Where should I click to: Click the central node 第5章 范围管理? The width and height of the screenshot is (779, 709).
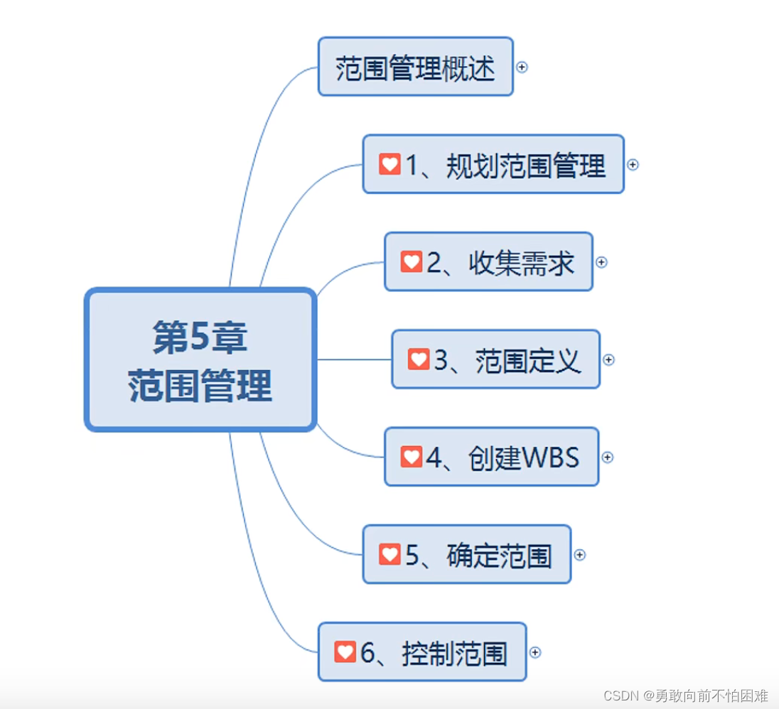coord(200,359)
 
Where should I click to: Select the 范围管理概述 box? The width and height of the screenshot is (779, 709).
coord(415,67)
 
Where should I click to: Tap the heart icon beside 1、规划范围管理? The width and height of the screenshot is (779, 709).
coord(389,164)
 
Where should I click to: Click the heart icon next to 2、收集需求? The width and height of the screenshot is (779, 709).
coord(412,261)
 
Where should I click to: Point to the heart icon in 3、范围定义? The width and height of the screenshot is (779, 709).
coord(419,359)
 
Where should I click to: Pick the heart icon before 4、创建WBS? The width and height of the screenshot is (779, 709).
coord(412,457)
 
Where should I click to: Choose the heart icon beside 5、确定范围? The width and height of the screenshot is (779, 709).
coord(389,554)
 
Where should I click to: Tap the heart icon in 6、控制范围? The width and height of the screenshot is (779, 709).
coord(345,651)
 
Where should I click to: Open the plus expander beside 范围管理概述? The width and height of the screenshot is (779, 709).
coord(522,67)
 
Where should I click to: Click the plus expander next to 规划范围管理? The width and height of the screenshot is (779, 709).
coord(633,164)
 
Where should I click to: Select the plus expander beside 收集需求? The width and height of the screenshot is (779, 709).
coord(601,262)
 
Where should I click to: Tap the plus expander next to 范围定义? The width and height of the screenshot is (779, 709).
coord(608,359)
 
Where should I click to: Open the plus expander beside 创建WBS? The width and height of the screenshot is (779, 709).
coord(607,457)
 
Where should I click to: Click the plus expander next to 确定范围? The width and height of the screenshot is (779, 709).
coord(579,555)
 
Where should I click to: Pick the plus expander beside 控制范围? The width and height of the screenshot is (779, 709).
coord(535,652)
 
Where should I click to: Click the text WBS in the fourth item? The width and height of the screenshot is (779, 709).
coord(551,458)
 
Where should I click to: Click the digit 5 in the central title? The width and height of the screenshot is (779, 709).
coord(200,337)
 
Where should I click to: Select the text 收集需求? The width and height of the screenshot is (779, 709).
coord(521,263)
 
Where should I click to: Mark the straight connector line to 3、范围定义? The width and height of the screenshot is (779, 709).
coord(354,359)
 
